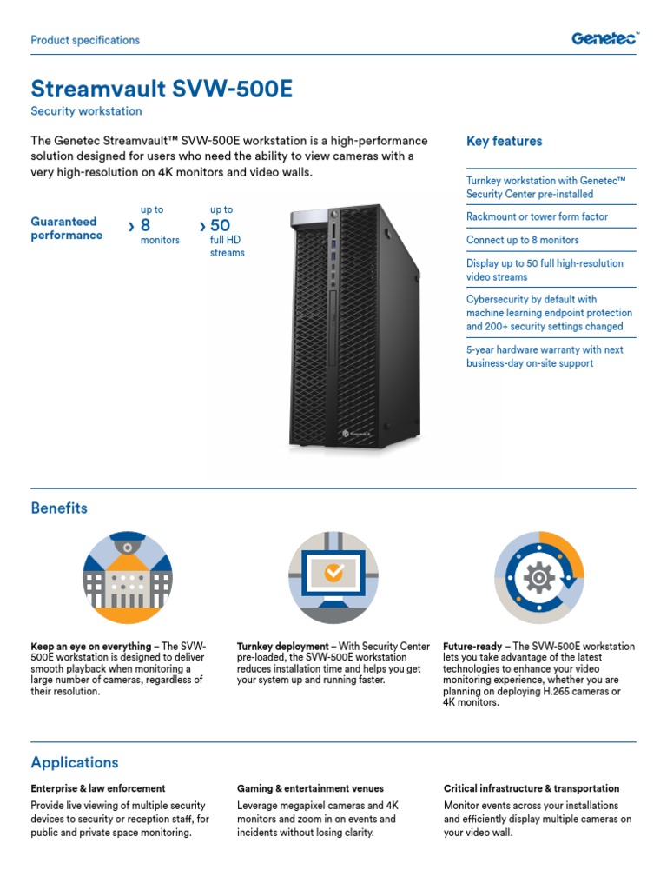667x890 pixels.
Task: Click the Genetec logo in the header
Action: (x=604, y=38)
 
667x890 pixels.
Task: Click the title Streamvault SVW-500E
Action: (x=155, y=89)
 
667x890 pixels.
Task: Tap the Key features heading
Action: (x=504, y=141)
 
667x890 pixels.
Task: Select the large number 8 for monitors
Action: (x=146, y=226)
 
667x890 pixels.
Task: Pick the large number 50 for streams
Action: (x=220, y=226)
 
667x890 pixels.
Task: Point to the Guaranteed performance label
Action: (x=66, y=229)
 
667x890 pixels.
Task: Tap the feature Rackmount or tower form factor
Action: (x=537, y=216)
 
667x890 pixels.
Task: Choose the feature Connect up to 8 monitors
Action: (x=522, y=240)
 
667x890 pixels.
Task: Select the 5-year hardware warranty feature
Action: (x=545, y=356)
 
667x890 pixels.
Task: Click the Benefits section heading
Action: (x=59, y=508)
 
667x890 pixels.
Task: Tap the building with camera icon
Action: (x=127, y=578)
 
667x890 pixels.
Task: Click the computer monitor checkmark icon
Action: (x=333, y=578)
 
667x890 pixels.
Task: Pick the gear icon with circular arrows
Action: (x=539, y=578)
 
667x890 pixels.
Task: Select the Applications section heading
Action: (x=75, y=762)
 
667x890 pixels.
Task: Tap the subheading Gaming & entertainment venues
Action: (x=310, y=788)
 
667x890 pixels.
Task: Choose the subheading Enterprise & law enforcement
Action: (x=97, y=788)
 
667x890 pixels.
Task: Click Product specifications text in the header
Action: (x=85, y=40)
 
